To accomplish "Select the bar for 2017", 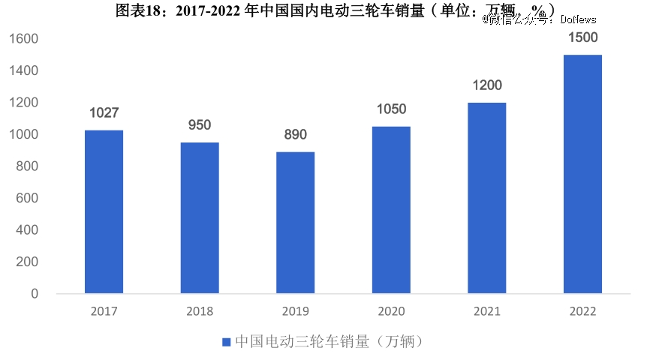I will tap(104, 211).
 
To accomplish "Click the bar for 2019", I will tap(295, 222).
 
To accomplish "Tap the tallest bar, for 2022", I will tap(582, 173).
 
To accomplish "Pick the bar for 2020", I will tap(391, 209).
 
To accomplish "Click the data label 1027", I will tap(104, 113).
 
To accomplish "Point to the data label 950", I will tap(200, 125).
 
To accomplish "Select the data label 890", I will tap(295, 135).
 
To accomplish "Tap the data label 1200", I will tap(487, 85).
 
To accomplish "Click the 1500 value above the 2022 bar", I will tap(582, 37).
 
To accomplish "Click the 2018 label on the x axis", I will tap(200, 311).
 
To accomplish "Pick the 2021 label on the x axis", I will tap(487, 311).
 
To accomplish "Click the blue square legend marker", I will tap(226, 342).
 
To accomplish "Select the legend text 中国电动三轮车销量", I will tap(302, 342).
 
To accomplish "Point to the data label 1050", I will tap(391, 109).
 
